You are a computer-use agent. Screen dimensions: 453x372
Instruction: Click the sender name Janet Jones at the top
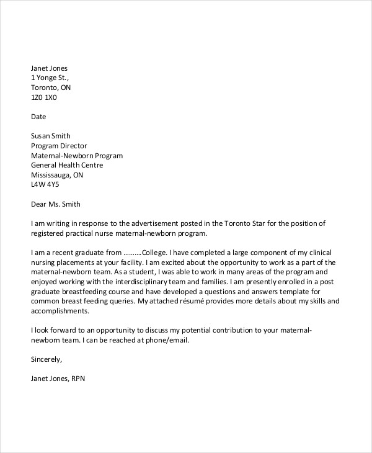49,68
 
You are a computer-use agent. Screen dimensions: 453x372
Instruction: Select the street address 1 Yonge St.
50,78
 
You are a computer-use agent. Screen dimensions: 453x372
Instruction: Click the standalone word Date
38,117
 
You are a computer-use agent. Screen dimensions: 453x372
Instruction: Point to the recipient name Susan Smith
51,136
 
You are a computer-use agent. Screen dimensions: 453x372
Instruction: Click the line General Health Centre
67,165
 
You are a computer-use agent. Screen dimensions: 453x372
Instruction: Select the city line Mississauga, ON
57,175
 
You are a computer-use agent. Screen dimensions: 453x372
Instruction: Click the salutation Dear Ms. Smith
56,204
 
